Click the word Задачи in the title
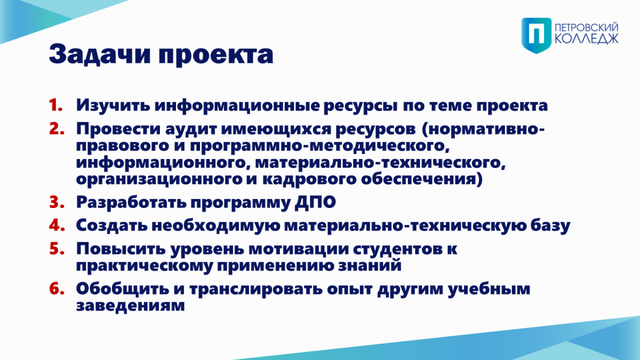point(99,54)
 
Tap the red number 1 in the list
point(55,105)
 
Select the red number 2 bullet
point(57,129)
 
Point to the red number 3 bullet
point(57,202)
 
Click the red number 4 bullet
point(57,225)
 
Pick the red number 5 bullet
point(57,249)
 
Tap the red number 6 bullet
point(57,289)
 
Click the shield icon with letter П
point(537,35)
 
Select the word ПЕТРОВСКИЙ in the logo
point(587,28)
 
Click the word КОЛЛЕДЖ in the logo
point(587,39)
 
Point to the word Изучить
point(113,106)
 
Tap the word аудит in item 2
point(193,129)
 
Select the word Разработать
point(131,203)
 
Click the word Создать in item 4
point(111,226)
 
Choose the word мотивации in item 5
point(299,249)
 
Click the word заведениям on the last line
point(130,306)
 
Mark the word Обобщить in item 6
point(123,289)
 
